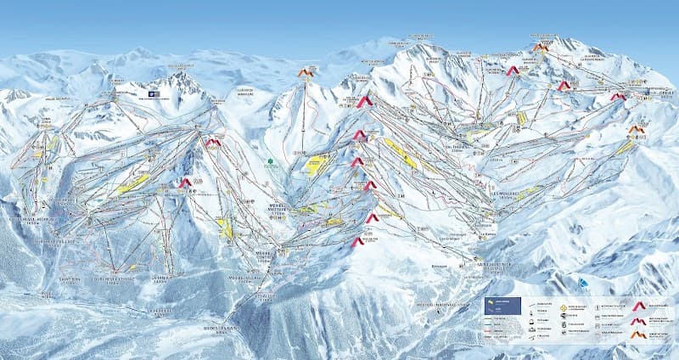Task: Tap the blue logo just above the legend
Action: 582,282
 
